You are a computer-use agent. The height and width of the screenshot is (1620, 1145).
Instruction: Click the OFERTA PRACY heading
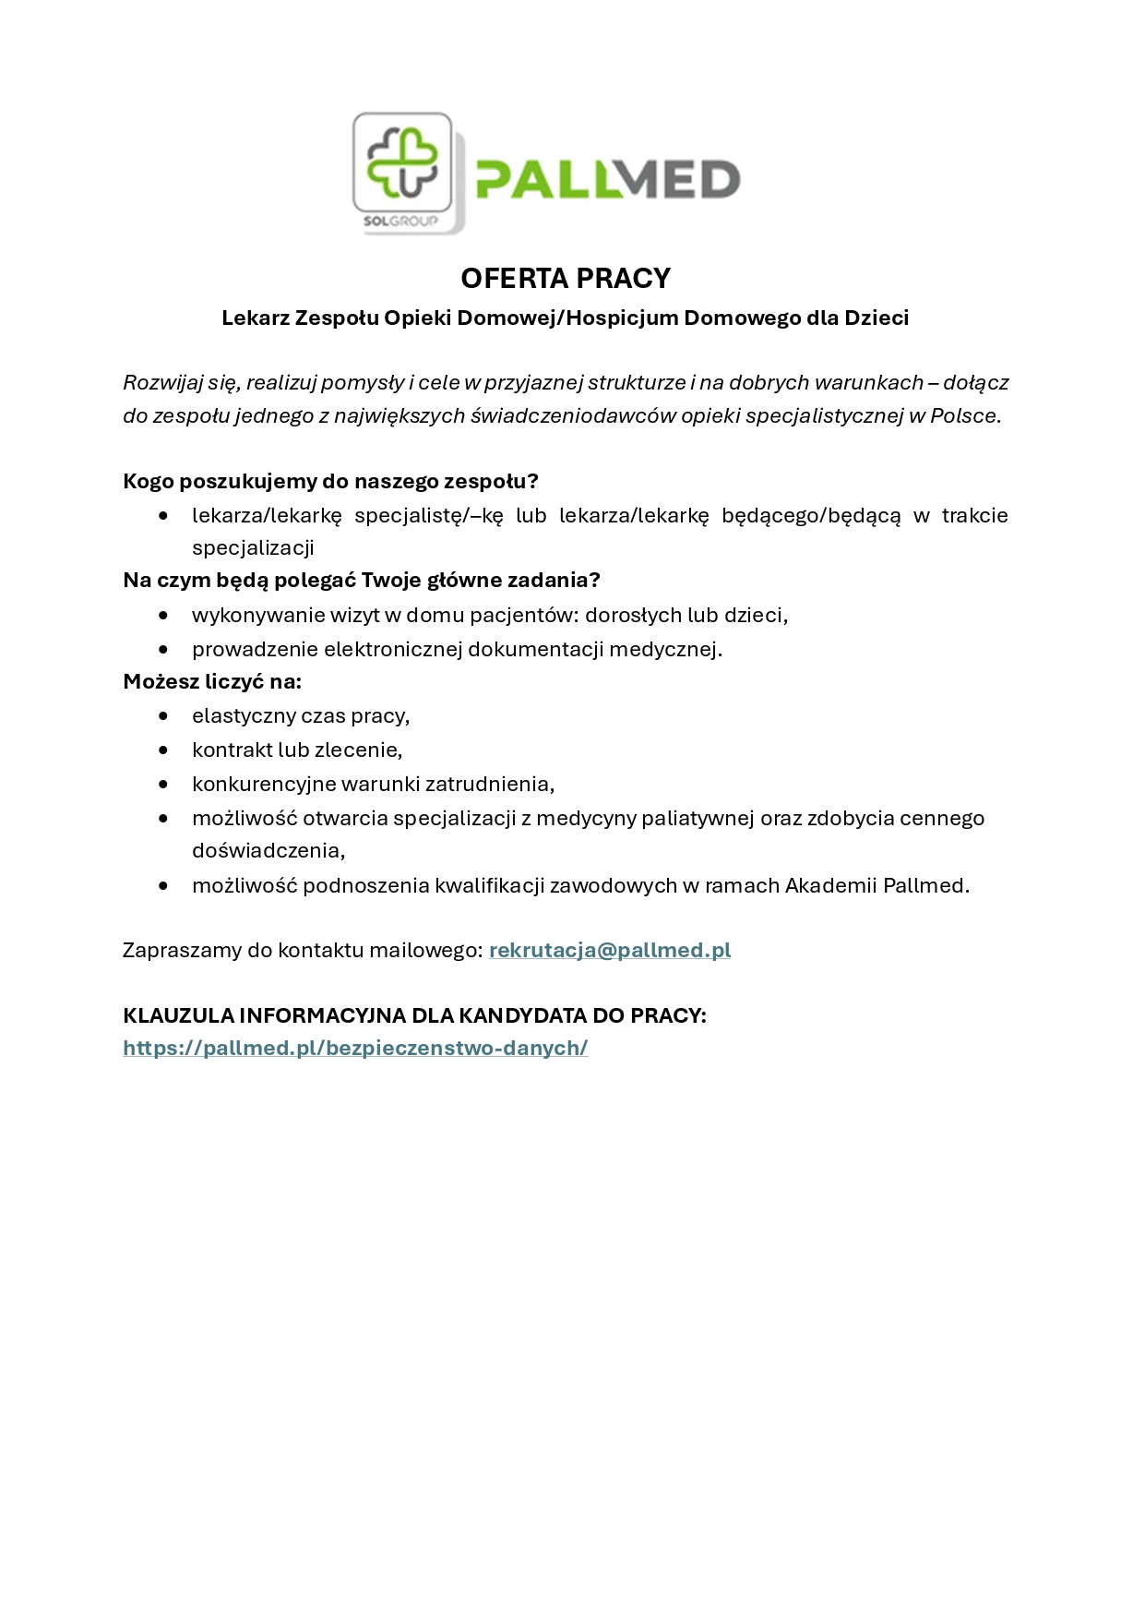pyautogui.click(x=566, y=278)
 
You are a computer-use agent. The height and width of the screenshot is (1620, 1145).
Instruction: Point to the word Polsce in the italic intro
pyautogui.click(x=963, y=415)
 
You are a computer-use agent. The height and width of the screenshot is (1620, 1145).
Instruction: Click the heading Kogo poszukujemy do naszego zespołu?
pyautogui.click(x=330, y=482)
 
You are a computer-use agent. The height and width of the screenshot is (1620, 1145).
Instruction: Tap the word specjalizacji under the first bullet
pyautogui.click(x=253, y=547)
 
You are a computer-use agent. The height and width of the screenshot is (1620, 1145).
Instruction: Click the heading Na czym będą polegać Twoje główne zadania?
pyautogui.click(x=362, y=581)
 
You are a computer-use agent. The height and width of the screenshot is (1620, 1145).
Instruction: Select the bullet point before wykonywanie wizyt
pyautogui.click(x=164, y=615)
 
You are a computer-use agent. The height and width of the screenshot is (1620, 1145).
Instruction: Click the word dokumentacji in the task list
pyautogui.click(x=526, y=650)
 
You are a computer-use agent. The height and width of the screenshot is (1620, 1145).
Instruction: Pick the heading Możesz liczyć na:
pyautogui.click(x=212, y=682)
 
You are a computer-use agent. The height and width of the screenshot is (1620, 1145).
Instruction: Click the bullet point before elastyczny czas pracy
pyautogui.click(x=164, y=715)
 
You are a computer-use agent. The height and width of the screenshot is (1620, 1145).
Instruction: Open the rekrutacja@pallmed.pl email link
pyautogui.click(x=610, y=951)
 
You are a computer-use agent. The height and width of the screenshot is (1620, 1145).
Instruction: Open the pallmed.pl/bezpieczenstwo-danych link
pyautogui.click(x=355, y=1049)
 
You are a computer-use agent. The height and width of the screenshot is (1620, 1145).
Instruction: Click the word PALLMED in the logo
pyautogui.click(x=607, y=179)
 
